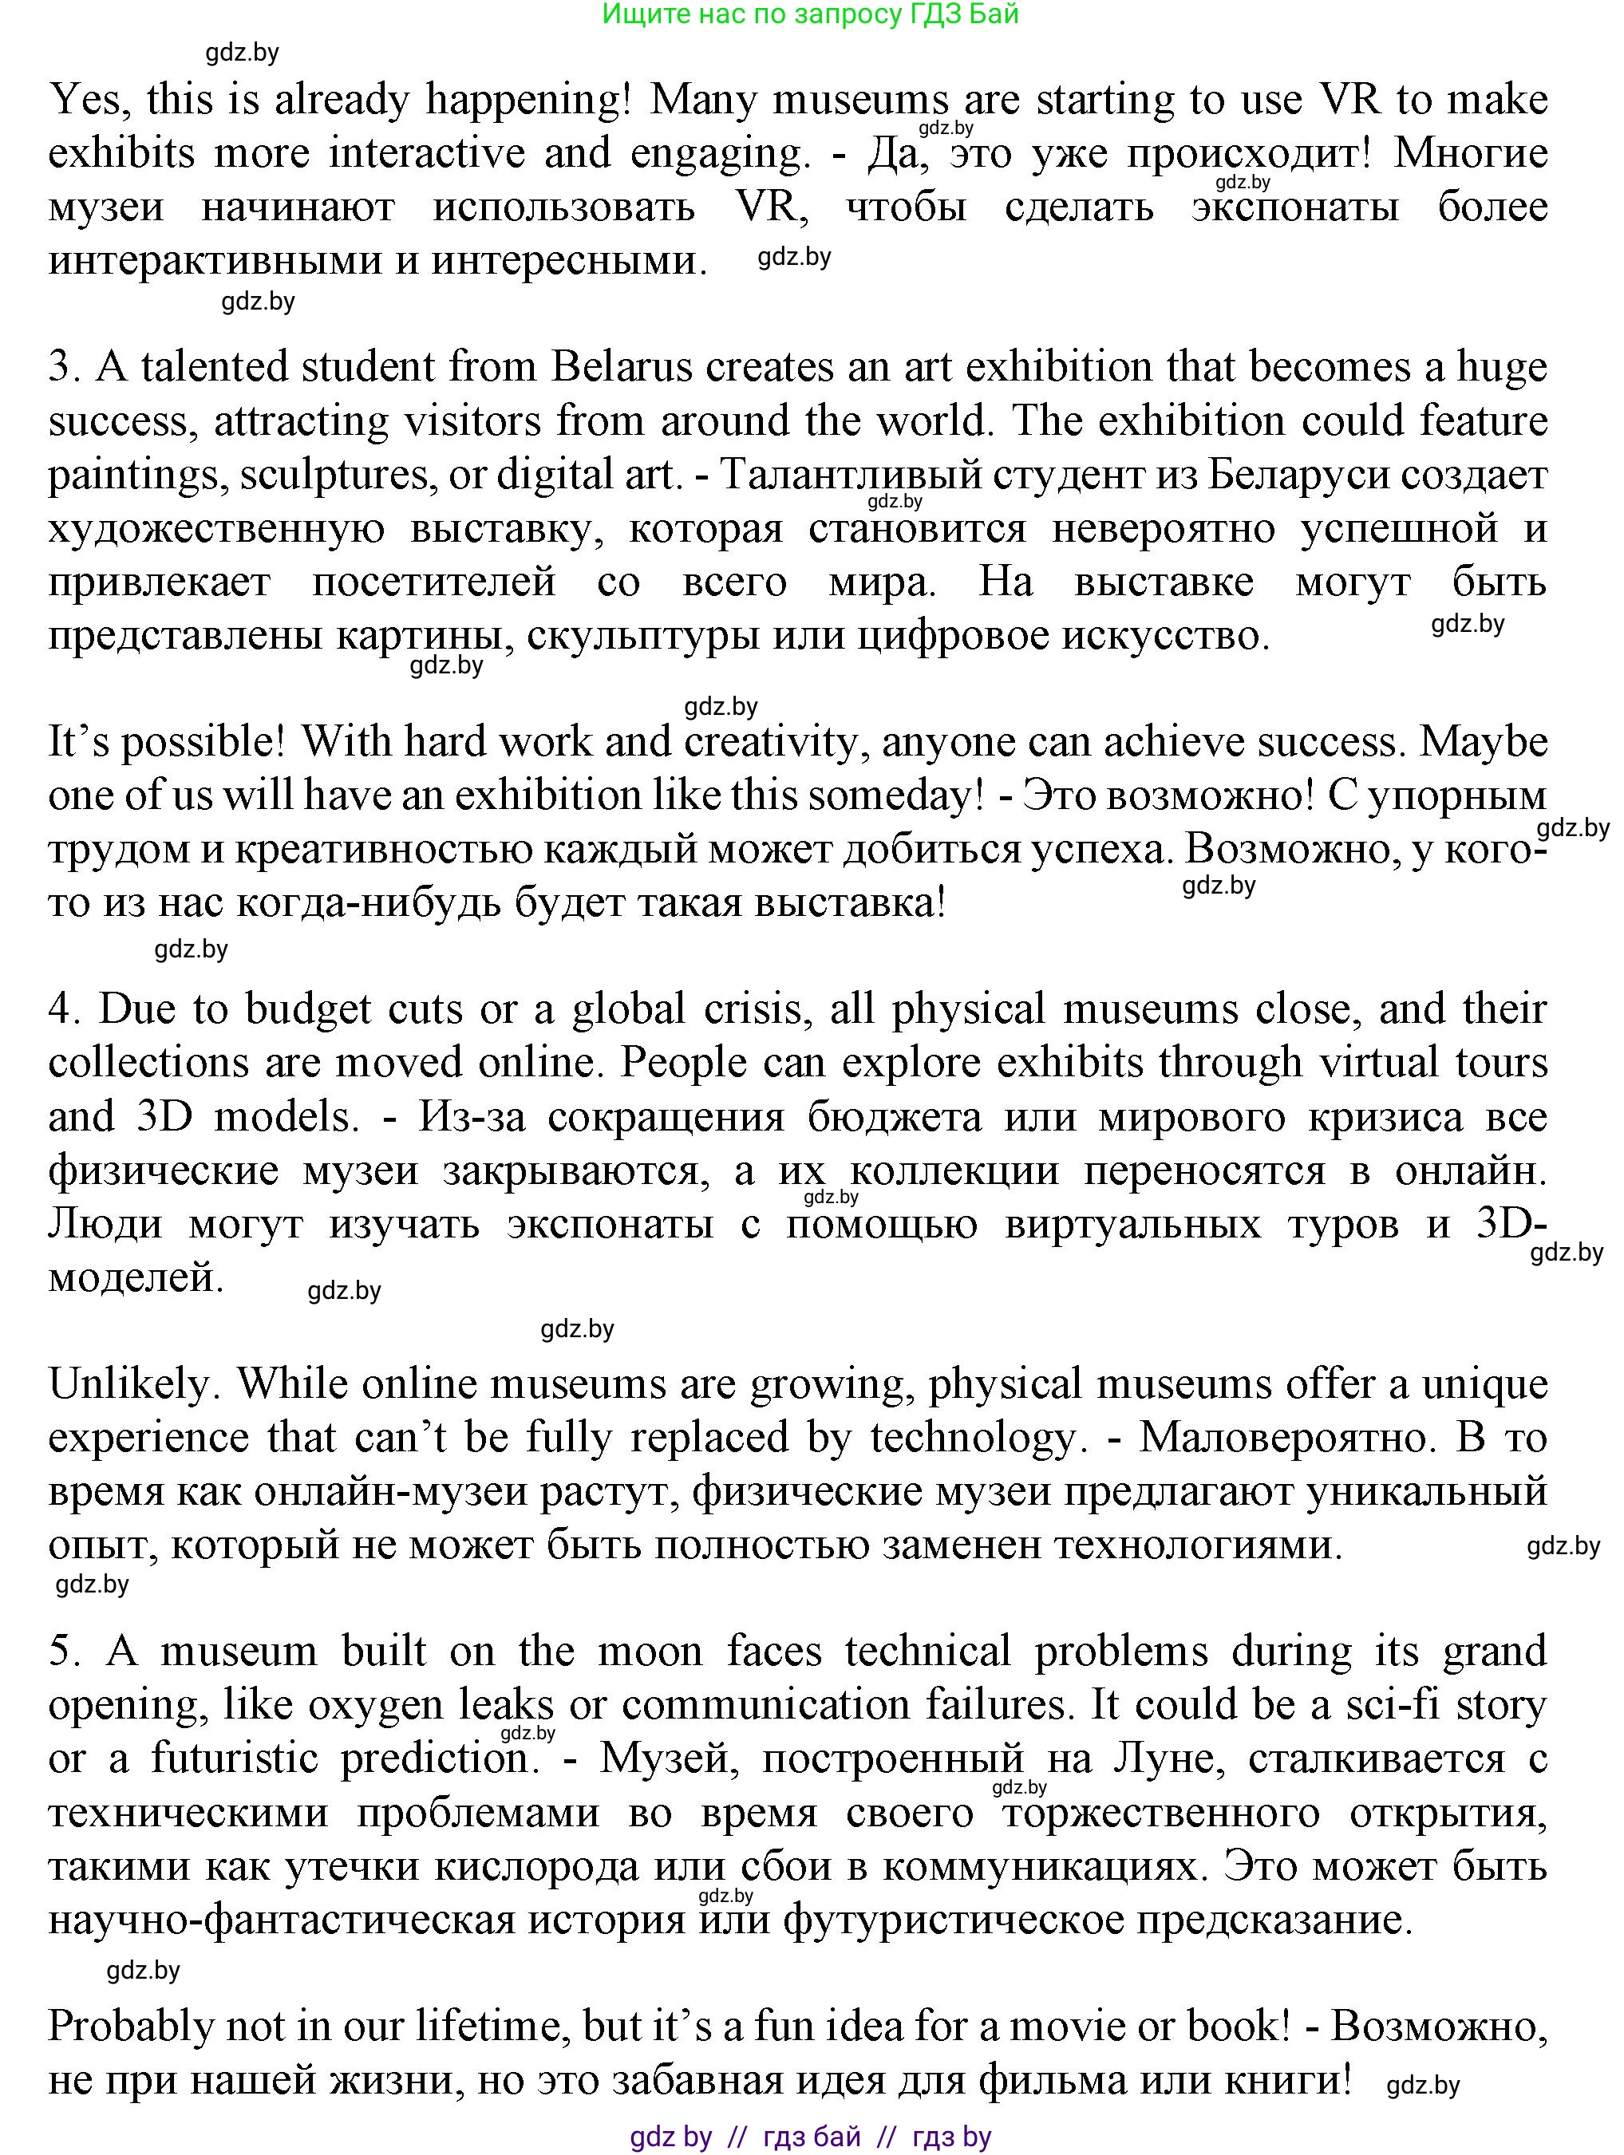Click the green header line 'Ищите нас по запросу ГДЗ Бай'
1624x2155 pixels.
pos(811,14)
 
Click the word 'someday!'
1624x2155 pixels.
pos(895,796)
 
